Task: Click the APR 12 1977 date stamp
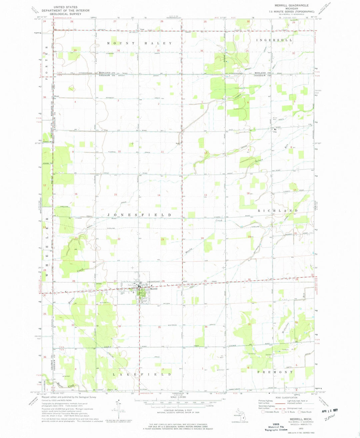(x=326, y=410)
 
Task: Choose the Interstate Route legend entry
(x=271, y=412)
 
